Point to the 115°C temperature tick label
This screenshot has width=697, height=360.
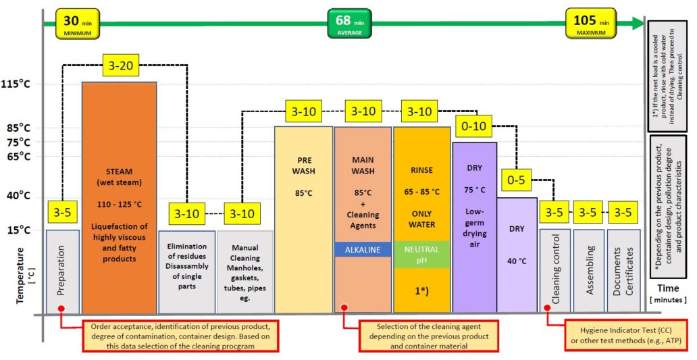[16, 84]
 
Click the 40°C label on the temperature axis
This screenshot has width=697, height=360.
[18, 196]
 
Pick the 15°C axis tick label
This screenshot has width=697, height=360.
[18, 230]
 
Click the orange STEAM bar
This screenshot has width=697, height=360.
[119, 198]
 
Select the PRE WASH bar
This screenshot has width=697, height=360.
[304, 220]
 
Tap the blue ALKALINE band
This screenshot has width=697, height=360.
[363, 250]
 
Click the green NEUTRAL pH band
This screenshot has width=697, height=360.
[421, 255]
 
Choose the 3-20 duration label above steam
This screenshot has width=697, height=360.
[120, 66]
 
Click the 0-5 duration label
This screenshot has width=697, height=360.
[515, 180]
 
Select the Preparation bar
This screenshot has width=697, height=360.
[63, 272]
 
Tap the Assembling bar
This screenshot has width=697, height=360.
[588, 272]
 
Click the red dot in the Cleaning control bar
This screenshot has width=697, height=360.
[547, 307]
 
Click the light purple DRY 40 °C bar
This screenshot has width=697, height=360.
[517, 255]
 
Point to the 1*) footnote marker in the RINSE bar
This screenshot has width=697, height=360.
[421, 292]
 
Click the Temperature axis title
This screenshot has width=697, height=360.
[20, 276]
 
